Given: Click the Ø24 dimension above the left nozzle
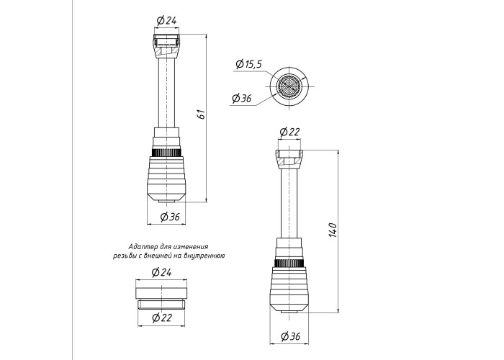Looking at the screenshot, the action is [x=166, y=21].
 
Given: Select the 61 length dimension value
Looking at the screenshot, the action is [x=201, y=114].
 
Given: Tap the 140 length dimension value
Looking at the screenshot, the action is [x=333, y=230].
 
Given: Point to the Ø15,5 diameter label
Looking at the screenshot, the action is [x=249, y=64].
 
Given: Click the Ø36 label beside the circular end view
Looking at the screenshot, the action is [x=242, y=98].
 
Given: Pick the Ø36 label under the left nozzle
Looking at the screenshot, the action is [x=170, y=217].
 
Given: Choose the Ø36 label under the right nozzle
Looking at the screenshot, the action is [x=290, y=336].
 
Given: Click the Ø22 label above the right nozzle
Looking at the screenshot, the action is [x=289, y=132].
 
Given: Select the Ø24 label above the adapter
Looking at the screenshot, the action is [x=161, y=273].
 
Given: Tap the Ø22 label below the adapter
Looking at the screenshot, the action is [x=162, y=318].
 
